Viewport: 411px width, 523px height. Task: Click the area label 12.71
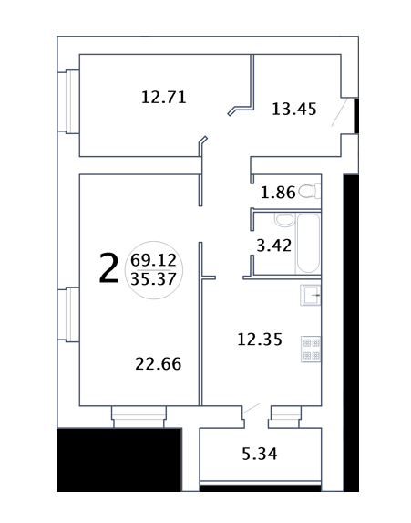click(163, 98)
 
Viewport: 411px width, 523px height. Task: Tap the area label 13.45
click(294, 109)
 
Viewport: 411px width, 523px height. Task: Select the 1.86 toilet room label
click(278, 193)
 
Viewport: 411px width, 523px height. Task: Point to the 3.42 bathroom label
click(273, 246)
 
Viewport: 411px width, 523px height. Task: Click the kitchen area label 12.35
click(260, 340)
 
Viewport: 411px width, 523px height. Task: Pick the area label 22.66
click(159, 364)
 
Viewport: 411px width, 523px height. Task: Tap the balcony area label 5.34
click(260, 454)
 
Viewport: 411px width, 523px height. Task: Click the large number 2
click(108, 267)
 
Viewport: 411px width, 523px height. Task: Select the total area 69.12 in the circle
click(153, 260)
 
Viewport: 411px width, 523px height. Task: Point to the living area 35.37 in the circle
click(153, 279)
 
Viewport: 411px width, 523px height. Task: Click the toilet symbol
click(310, 192)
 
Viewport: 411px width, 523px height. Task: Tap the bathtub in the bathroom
click(308, 244)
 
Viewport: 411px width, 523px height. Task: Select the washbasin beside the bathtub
click(284, 219)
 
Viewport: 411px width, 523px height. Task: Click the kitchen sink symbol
click(311, 295)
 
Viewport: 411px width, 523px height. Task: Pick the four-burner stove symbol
click(311, 349)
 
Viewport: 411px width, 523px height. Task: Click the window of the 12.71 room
click(68, 101)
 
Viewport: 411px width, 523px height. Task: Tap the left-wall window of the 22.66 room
click(68, 315)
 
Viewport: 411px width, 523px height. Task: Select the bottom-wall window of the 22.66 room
click(139, 416)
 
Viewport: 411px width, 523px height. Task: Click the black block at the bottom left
click(118, 460)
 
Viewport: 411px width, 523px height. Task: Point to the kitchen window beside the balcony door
click(285, 417)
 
